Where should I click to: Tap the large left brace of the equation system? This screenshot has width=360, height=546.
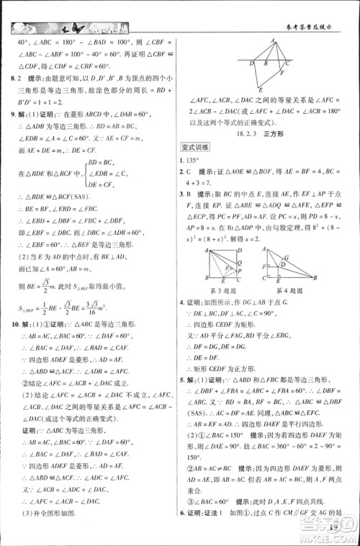85,173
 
